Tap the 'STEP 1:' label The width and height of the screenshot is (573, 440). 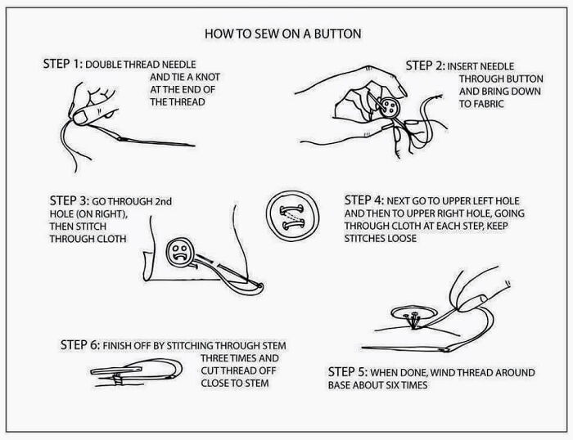(61, 64)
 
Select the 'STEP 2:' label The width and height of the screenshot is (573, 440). (425, 65)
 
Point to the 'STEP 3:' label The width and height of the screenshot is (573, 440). (70, 200)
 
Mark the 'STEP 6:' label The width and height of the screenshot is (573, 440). (80, 345)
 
